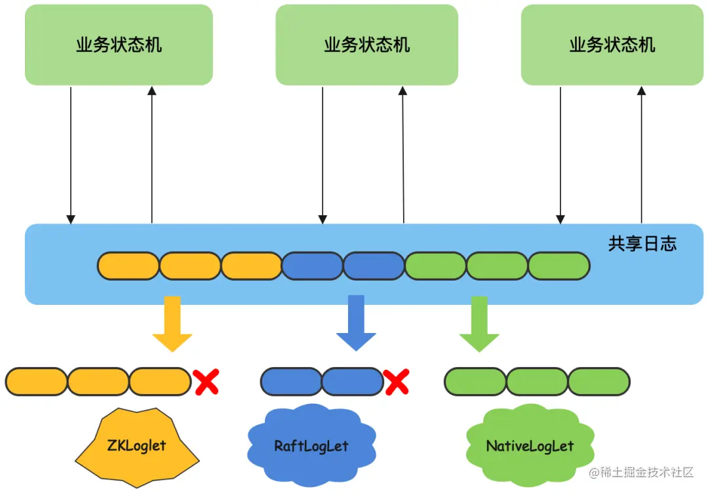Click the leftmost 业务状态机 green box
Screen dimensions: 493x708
point(119,45)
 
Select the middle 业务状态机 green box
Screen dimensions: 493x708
point(366,45)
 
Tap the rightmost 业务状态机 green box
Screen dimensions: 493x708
point(612,45)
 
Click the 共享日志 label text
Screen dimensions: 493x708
point(642,245)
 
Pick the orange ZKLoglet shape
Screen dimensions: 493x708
point(136,446)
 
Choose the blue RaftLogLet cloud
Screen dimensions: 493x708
point(311,446)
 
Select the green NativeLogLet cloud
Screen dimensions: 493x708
point(530,446)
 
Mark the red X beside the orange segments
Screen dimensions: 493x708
point(206,382)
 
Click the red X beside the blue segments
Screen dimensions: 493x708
point(397,382)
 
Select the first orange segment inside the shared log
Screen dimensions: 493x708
point(128,266)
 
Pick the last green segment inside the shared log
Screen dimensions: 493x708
point(559,266)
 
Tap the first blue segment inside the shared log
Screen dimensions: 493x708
point(313,266)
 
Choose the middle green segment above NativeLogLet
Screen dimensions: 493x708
point(537,382)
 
